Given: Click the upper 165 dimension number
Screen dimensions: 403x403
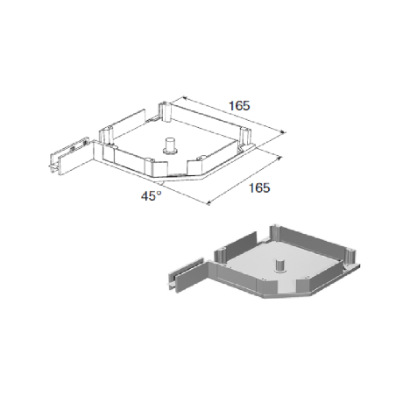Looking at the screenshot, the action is pos(239,106).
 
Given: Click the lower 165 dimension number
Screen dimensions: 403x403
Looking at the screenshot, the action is pos(259,187).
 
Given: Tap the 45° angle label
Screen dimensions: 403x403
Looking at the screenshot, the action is pos(152,196).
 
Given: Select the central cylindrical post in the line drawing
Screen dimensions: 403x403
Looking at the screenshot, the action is pos(170,145).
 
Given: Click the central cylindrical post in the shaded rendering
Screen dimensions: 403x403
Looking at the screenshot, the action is pos(280,265).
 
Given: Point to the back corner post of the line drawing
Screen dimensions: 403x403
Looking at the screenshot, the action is pos(165,111).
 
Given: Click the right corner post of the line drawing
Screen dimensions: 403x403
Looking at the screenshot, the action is pos(245,137).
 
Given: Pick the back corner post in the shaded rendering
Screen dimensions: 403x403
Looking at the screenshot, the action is pos(276,233).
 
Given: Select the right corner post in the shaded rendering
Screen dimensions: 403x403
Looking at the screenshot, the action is pos(350,257).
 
